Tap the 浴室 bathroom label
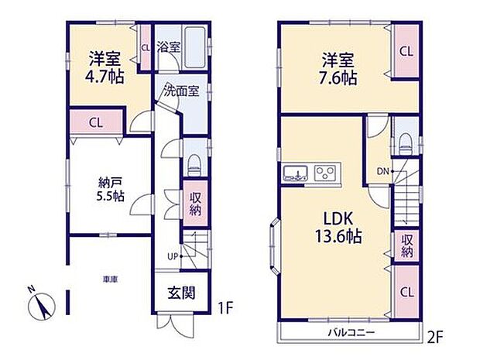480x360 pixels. click(x=168, y=46)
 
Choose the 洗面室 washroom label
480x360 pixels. click(x=181, y=91)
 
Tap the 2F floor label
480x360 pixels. click(x=436, y=339)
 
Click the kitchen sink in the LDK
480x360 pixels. click(x=295, y=173)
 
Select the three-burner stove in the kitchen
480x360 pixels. click(x=326, y=172)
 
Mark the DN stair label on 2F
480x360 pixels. click(x=382, y=170)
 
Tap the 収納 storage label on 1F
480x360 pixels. click(x=196, y=203)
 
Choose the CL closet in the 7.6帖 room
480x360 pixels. click(x=405, y=51)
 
